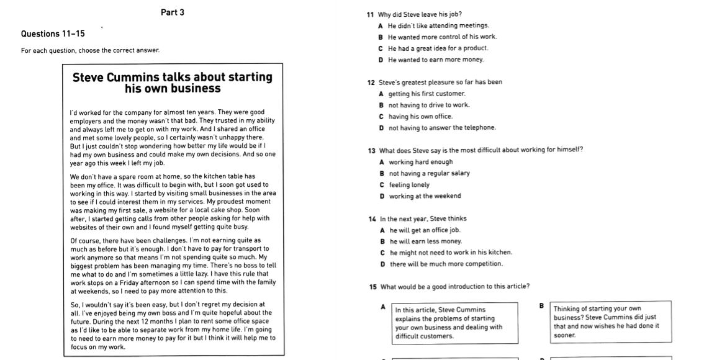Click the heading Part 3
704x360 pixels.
pos(172,12)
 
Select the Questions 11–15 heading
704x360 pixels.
pos(53,34)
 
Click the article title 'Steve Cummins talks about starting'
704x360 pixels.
pos(173,78)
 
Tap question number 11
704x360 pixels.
pos(371,14)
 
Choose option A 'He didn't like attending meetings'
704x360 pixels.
pos(438,25)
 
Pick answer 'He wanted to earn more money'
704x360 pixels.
pos(435,60)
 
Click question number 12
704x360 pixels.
pos(371,82)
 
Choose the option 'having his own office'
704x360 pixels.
pos(420,116)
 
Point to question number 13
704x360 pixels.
pos(371,150)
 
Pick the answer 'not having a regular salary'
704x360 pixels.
pos(429,173)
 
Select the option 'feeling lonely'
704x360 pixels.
pos(409,184)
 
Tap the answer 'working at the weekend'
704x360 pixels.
pos(425,196)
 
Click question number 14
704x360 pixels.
pos(372,218)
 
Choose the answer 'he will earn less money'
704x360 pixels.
pos(425,241)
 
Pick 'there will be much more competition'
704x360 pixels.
pos(446,264)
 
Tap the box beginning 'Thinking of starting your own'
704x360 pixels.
pos(610,322)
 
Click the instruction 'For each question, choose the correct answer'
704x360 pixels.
pos(91,50)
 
